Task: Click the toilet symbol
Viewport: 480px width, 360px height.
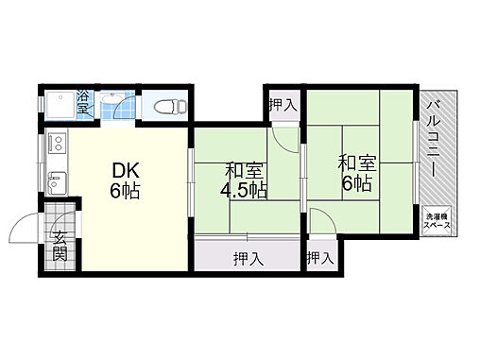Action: point(170,106)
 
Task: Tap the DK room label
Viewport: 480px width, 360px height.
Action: point(126,171)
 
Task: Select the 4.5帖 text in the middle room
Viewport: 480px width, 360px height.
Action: point(244,190)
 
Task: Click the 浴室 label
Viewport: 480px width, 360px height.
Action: point(83,101)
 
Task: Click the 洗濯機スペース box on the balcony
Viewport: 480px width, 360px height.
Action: point(437,221)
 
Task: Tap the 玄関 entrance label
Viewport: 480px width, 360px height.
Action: point(60,246)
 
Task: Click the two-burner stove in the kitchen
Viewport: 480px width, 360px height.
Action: point(58,143)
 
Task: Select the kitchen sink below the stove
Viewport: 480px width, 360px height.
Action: point(57,183)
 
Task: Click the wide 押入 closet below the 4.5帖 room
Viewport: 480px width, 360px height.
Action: point(247,256)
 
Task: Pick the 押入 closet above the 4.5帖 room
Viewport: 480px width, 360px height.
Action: point(283,105)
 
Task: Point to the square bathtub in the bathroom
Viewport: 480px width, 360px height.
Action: point(60,105)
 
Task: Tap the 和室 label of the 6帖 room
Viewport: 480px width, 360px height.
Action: point(357,163)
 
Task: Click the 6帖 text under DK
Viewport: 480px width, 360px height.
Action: point(125,190)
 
